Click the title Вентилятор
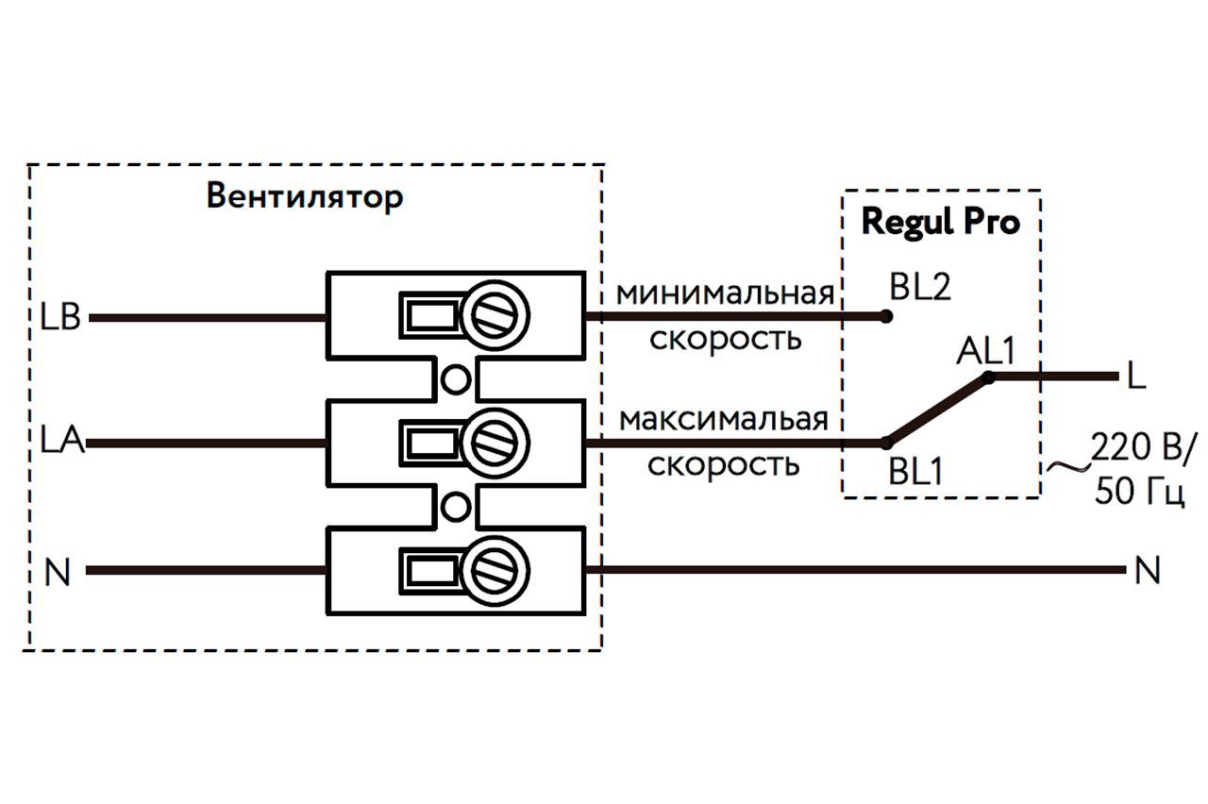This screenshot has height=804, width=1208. pyautogui.click(x=305, y=198)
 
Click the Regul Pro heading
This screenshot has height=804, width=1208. pyautogui.click(x=941, y=223)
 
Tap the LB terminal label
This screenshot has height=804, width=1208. pyautogui.click(x=60, y=318)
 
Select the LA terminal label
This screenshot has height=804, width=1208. pyautogui.click(x=62, y=441)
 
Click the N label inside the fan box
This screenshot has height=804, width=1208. pyautogui.click(x=58, y=573)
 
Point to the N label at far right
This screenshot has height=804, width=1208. pyautogui.click(x=1147, y=571)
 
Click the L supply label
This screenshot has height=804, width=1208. pyautogui.click(x=1136, y=377)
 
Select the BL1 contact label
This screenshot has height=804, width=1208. pyautogui.click(x=915, y=471)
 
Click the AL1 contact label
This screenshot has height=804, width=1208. pyautogui.click(x=984, y=352)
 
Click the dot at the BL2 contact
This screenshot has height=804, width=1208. pyautogui.click(x=885, y=317)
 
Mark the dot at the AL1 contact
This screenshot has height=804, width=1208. pyautogui.click(x=988, y=377)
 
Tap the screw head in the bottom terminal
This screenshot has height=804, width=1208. pyautogui.click(x=497, y=569)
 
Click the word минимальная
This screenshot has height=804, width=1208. pyautogui.click(x=725, y=293)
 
